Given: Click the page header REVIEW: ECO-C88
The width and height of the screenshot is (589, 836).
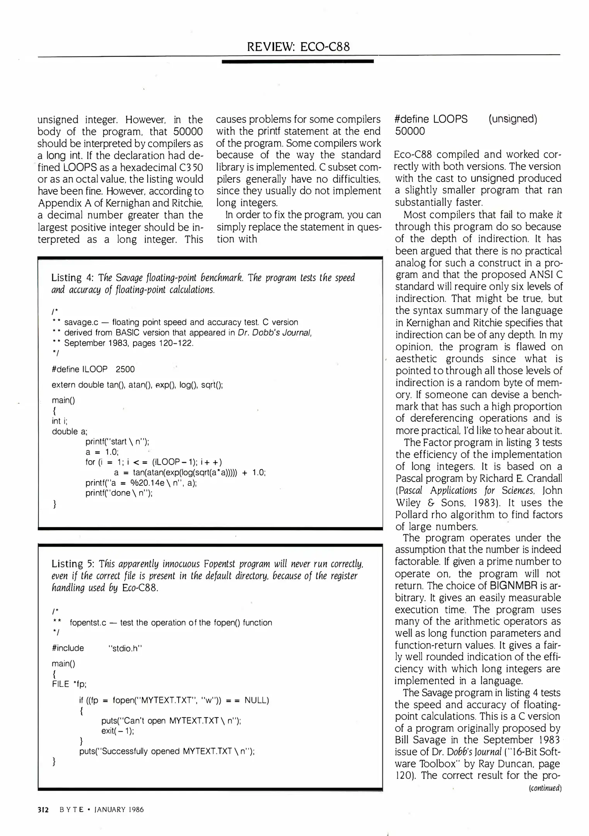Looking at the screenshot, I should point(298,47).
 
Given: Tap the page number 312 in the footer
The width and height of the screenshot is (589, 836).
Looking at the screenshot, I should point(43,810).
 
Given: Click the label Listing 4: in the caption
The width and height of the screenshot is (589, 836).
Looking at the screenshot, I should point(72,278).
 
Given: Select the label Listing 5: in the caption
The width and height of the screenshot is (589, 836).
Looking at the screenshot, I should point(73,564).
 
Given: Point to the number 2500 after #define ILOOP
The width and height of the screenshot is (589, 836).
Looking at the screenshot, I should point(125,369).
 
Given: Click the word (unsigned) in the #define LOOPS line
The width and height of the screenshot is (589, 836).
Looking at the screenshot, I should point(512,119).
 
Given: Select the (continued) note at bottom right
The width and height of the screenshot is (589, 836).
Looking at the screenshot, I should point(545,788).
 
